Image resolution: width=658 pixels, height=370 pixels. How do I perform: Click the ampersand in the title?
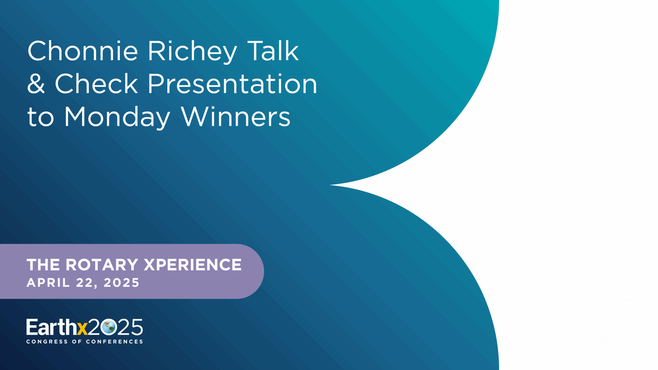(36, 84)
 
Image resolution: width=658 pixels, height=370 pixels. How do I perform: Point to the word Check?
(96, 83)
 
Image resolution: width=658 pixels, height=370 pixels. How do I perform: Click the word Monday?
(117, 117)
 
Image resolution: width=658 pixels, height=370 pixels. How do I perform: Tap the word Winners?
(236, 116)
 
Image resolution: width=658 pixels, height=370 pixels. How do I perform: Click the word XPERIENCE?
(193, 265)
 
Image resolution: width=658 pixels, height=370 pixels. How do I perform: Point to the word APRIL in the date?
(48, 283)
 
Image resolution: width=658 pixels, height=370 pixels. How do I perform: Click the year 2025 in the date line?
(121, 283)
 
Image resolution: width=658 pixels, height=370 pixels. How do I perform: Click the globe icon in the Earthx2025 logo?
(108, 327)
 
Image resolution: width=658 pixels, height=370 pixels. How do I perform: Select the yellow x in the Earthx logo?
(82, 329)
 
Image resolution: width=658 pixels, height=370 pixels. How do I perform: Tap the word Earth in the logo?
(51, 327)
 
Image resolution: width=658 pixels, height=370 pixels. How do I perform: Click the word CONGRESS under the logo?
(47, 342)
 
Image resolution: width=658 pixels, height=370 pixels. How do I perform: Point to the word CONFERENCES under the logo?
(114, 342)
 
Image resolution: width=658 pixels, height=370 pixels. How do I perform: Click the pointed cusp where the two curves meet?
(330, 185)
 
